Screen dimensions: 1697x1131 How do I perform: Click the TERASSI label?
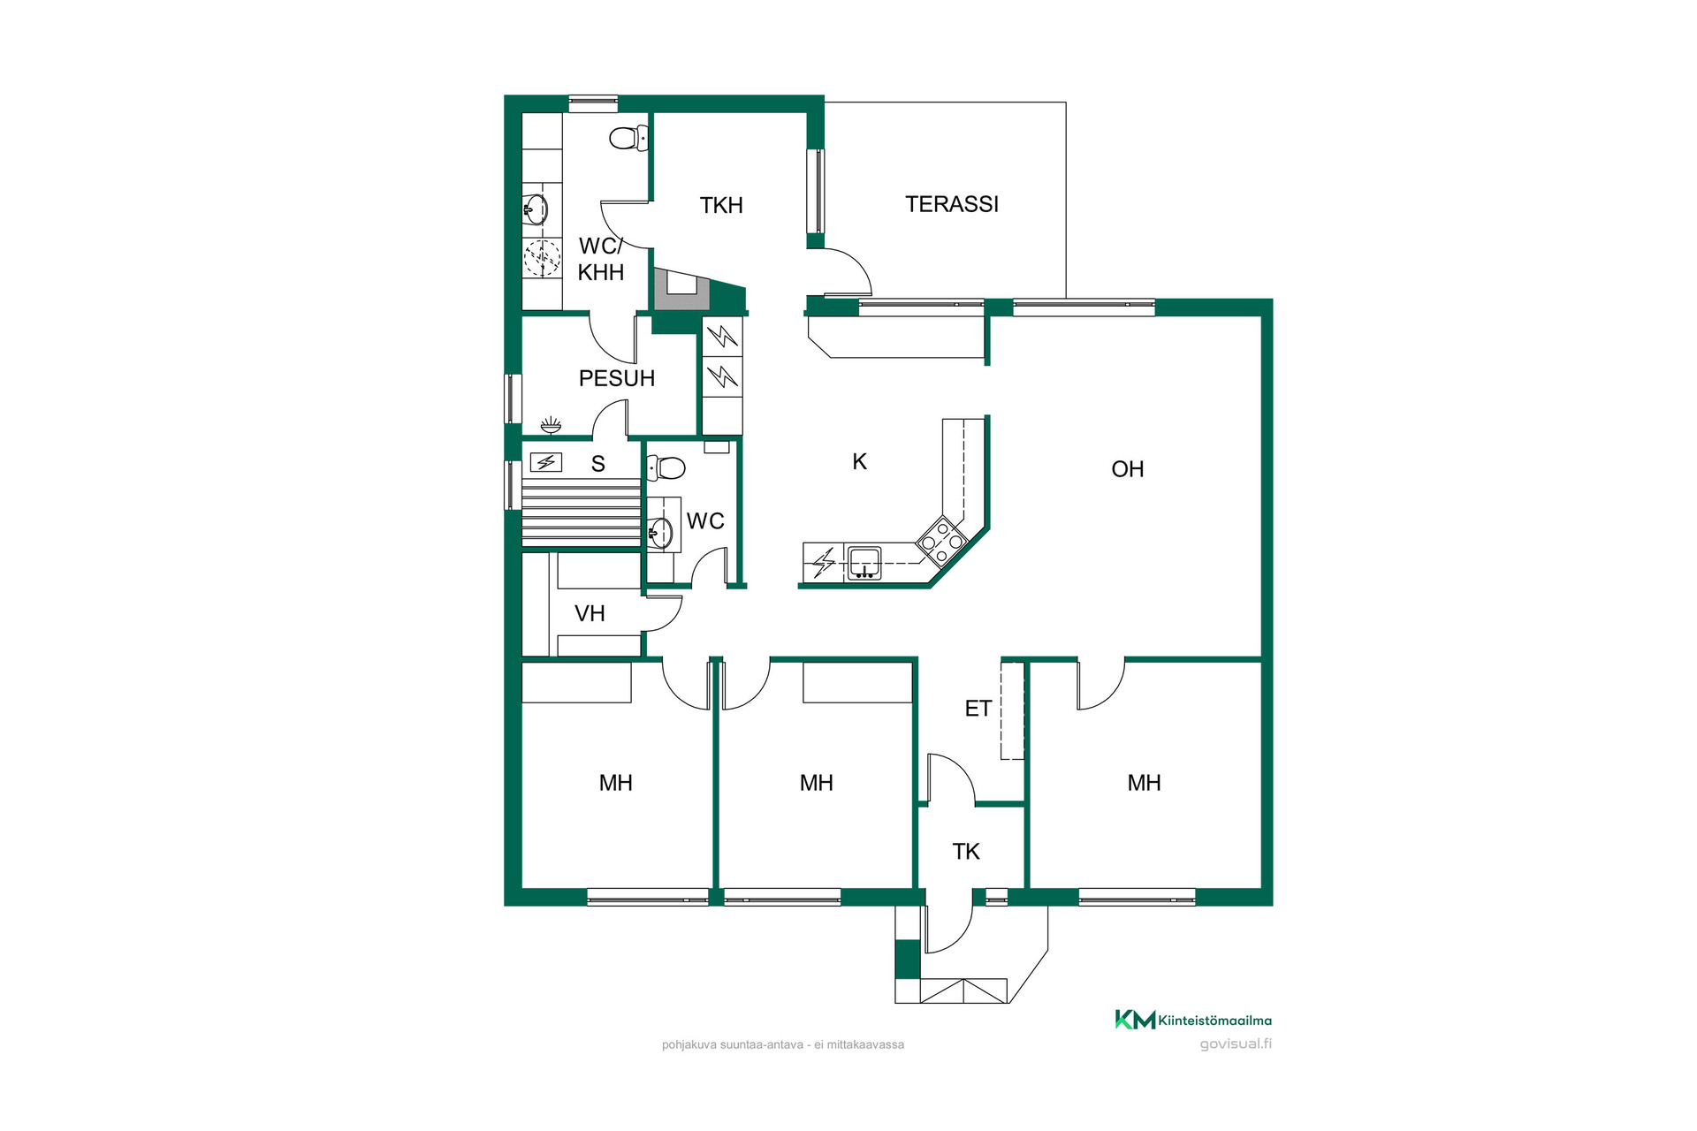pos(952,204)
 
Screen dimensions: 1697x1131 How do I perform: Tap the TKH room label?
pos(721,206)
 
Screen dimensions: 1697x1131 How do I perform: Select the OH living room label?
pos(1128,469)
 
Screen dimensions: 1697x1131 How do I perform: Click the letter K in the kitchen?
pos(860,461)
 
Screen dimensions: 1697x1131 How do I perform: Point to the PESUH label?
pos(617,378)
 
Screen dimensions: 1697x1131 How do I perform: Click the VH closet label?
pos(590,613)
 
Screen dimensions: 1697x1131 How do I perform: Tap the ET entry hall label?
pos(978,709)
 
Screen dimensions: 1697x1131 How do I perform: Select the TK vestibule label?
pos(966,852)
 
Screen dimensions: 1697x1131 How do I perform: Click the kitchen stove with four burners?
pos(942,540)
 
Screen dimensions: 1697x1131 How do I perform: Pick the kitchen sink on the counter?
pos(864,563)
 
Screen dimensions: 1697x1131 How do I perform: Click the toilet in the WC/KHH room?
pos(628,138)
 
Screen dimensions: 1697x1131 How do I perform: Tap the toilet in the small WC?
pos(666,467)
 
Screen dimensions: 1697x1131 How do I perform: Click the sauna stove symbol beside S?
pos(546,462)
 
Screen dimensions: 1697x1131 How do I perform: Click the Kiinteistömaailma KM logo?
pos(1193,1020)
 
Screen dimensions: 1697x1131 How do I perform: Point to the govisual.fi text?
pos(1236,1044)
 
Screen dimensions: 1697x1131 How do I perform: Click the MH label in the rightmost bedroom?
pos(1145,783)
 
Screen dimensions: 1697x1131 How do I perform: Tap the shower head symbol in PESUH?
pos(551,426)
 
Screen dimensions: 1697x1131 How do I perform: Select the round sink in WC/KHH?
pos(536,209)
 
